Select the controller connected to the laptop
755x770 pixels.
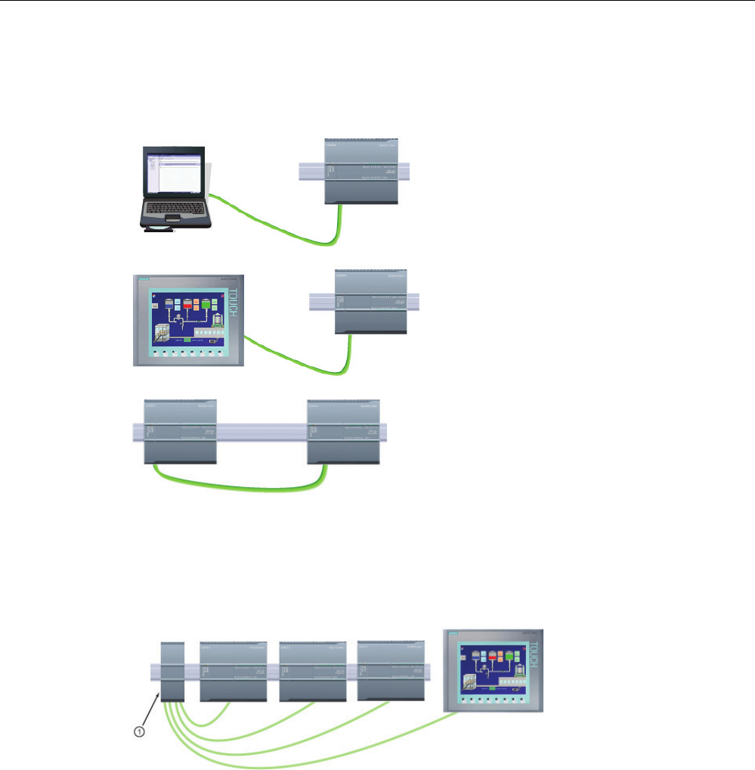(x=361, y=172)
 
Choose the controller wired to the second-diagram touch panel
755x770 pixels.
(x=371, y=301)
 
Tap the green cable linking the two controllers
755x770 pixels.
(x=242, y=489)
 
